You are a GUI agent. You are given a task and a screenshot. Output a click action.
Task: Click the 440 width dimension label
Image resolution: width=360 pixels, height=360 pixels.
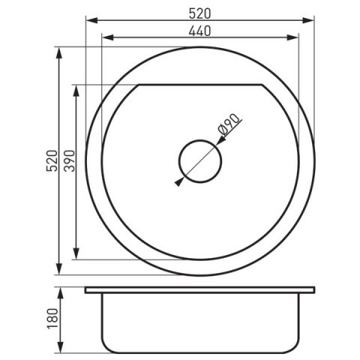pyautogui.click(x=199, y=31)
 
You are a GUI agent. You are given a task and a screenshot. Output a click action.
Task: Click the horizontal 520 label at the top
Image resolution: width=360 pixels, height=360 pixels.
pyautogui.click(x=199, y=13)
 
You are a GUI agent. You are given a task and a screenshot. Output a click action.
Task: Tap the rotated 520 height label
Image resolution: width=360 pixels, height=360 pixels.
pyautogui.click(x=52, y=160)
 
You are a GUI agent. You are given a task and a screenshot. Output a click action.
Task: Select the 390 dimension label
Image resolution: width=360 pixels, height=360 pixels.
pyautogui.click(x=69, y=160)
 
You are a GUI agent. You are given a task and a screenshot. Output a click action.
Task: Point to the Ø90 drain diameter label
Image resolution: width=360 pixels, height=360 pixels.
pyautogui.click(x=229, y=124)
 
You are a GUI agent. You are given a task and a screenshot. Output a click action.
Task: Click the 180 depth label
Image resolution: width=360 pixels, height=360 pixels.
pyautogui.click(x=52, y=319)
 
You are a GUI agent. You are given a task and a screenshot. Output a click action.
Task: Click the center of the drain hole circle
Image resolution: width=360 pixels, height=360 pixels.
pyautogui.click(x=200, y=161)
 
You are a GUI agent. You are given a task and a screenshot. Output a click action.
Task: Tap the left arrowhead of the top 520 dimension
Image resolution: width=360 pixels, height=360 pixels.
pyautogui.click(x=91, y=20)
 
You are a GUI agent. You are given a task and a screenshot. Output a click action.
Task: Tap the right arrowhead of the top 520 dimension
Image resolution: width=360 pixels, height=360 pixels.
pyautogui.click(x=308, y=20)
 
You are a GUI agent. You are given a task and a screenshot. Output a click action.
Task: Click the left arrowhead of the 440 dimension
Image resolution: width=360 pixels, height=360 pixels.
pyautogui.click(x=108, y=37)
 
